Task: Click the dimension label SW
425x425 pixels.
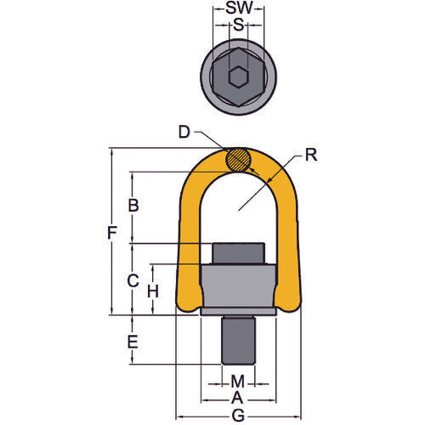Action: (239, 8)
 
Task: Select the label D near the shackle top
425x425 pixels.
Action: (184, 133)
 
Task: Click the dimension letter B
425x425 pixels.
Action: (132, 205)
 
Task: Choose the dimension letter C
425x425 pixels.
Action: (132, 280)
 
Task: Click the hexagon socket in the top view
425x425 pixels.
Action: (238, 78)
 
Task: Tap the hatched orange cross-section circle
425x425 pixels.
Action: (238, 160)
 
